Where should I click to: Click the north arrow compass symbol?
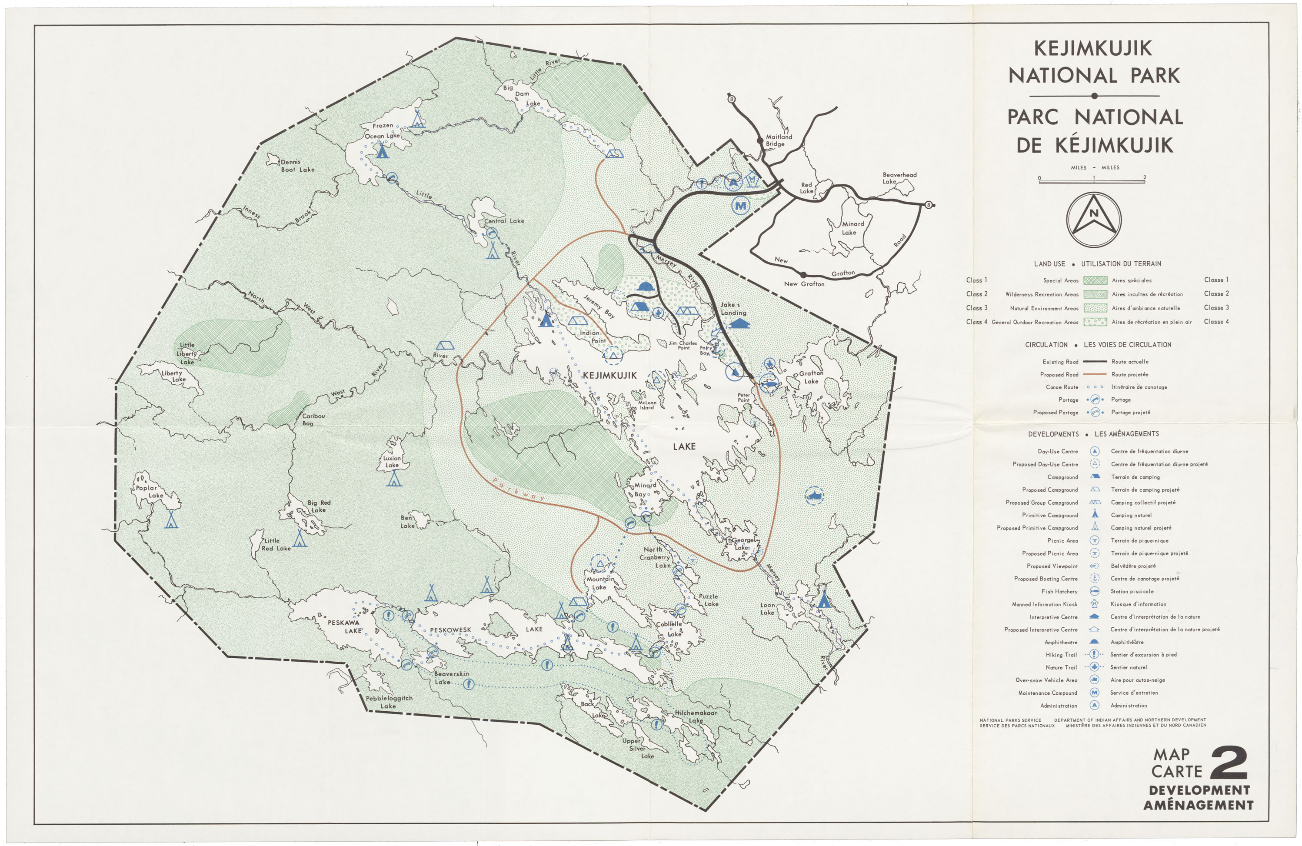1094,219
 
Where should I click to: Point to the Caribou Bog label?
313,420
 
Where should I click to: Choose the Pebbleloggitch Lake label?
389,702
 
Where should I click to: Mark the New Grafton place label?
804,284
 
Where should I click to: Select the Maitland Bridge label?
779,140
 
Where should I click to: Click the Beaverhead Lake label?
899,178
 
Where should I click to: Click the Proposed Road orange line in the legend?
1095,374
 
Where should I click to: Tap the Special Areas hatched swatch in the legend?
1095,280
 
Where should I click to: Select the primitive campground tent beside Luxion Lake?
394,480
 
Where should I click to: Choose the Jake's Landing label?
733,309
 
